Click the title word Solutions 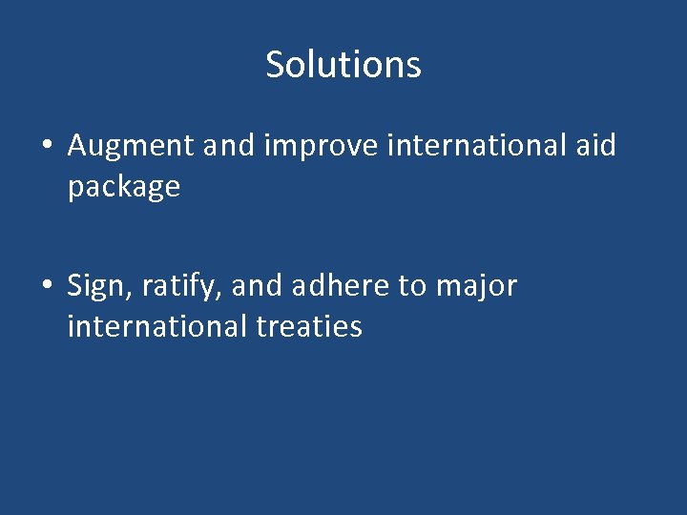(x=343, y=65)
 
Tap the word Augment (x=130, y=147)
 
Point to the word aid (x=595, y=146)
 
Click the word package (x=123, y=187)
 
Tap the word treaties (x=309, y=326)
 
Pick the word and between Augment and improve (x=228, y=147)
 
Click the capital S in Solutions (x=276, y=65)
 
